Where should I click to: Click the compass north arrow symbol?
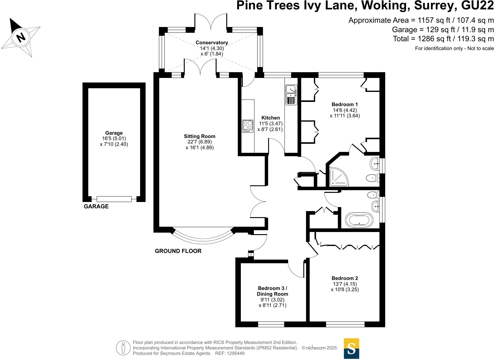pyautogui.click(x=21, y=37)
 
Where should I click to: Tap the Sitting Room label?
pyautogui.click(x=200, y=136)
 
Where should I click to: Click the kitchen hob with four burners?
pyautogui.click(x=247, y=126)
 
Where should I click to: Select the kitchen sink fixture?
pyautogui.click(x=291, y=95)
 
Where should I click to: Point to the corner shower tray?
pyautogui.click(x=338, y=177)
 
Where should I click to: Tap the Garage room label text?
pyautogui.click(x=114, y=133)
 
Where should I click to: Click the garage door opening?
pyautogui.click(x=114, y=199)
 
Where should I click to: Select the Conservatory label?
pyautogui.click(x=211, y=43)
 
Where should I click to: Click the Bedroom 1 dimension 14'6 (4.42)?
pyautogui.click(x=345, y=110)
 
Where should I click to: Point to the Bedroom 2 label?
pyautogui.click(x=345, y=278)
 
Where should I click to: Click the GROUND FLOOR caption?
pyautogui.click(x=178, y=251)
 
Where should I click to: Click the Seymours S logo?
pyautogui.click(x=351, y=348)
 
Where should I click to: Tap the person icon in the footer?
pyautogui.click(x=123, y=348)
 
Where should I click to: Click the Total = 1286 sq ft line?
pyautogui.click(x=443, y=39)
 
